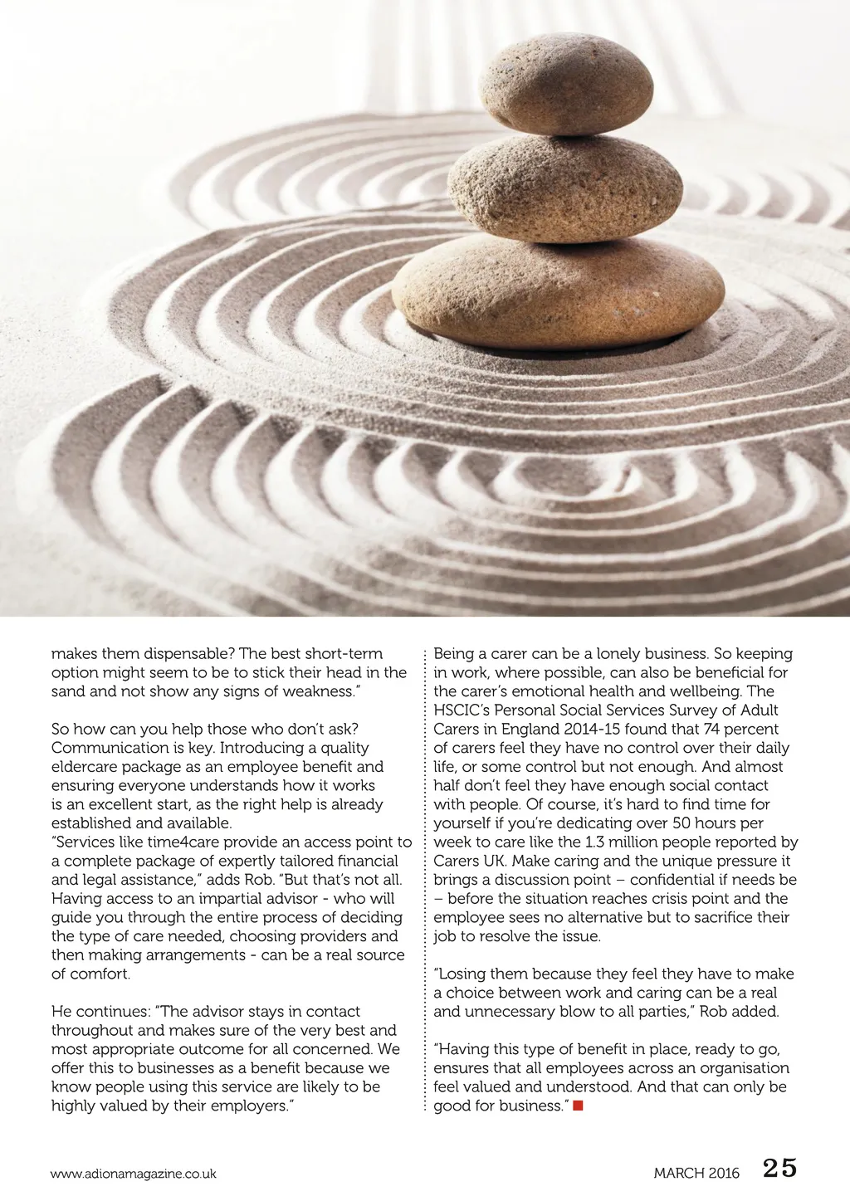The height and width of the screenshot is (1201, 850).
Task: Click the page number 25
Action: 779,1169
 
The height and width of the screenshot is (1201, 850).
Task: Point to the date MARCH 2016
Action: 696,1174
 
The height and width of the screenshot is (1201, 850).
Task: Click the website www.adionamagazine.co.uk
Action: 134,1174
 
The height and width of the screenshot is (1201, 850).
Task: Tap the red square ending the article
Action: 579,1106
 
